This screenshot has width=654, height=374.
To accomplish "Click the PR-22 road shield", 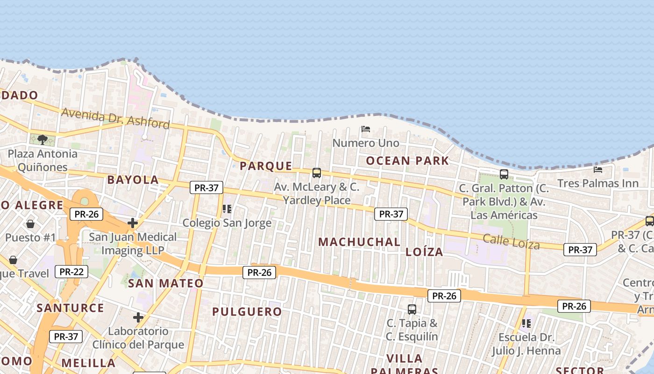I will [71, 271].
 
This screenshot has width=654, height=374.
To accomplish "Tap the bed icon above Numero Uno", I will [366, 129].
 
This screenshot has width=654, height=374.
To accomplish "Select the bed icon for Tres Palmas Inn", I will [597, 169].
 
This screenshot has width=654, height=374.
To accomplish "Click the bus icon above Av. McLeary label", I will [317, 173].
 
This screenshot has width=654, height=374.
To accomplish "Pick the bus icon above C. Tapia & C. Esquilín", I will [412, 309].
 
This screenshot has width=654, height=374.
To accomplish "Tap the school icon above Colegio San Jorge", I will [227, 209].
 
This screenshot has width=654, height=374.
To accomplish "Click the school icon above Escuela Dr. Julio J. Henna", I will [526, 323].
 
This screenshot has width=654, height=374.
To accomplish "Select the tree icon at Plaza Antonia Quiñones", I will [43, 139].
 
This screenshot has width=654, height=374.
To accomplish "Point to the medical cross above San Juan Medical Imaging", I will [133, 223].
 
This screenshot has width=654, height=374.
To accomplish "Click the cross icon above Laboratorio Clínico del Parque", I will [138, 317].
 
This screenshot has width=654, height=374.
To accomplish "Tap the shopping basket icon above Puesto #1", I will [30, 224].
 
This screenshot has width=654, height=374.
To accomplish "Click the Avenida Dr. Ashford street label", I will [115, 118].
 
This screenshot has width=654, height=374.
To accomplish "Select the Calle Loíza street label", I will [511, 242].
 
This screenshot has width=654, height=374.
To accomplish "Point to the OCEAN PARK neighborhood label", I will [407, 161].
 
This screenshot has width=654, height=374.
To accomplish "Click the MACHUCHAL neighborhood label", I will [359, 242].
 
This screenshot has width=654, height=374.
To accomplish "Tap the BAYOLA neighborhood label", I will [133, 180].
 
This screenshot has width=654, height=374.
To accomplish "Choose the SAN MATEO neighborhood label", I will [166, 283].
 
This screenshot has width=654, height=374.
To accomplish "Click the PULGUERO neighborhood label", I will [247, 311].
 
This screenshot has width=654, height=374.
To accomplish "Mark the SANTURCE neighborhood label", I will [70, 308].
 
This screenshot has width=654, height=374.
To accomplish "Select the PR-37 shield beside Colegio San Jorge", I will [206, 188].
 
